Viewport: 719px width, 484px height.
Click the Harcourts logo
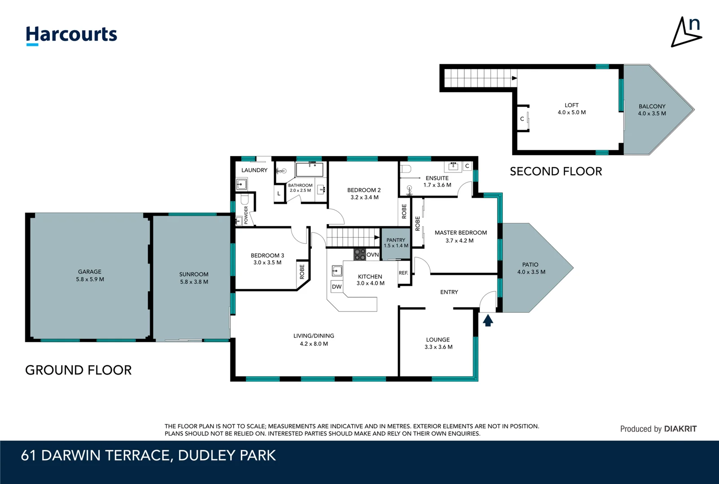(x=71, y=35)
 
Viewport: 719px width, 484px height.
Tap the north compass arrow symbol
(x=686, y=32)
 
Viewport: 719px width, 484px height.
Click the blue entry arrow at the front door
(x=488, y=320)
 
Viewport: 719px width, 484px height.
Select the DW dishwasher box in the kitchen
(x=337, y=287)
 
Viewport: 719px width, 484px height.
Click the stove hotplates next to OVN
(x=359, y=255)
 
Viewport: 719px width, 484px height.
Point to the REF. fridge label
(x=403, y=273)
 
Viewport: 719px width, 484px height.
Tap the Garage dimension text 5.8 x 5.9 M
(x=90, y=279)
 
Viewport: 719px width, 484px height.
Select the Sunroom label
(x=194, y=274)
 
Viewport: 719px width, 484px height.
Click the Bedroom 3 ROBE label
(x=302, y=272)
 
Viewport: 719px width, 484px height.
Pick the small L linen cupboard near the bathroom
(x=279, y=194)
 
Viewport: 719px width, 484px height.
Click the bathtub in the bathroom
(x=309, y=170)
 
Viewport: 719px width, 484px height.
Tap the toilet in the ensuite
(x=405, y=169)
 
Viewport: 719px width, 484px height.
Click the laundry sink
(x=241, y=184)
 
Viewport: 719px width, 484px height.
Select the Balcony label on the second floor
(x=652, y=107)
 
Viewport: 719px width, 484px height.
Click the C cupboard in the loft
(x=522, y=119)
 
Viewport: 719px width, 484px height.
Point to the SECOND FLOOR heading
(x=556, y=172)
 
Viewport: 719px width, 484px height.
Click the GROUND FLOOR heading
(x=78, y=370)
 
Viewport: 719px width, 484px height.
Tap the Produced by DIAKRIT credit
(x=658, y=429)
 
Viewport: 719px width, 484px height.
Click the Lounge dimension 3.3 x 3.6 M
(x=438, y=347)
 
